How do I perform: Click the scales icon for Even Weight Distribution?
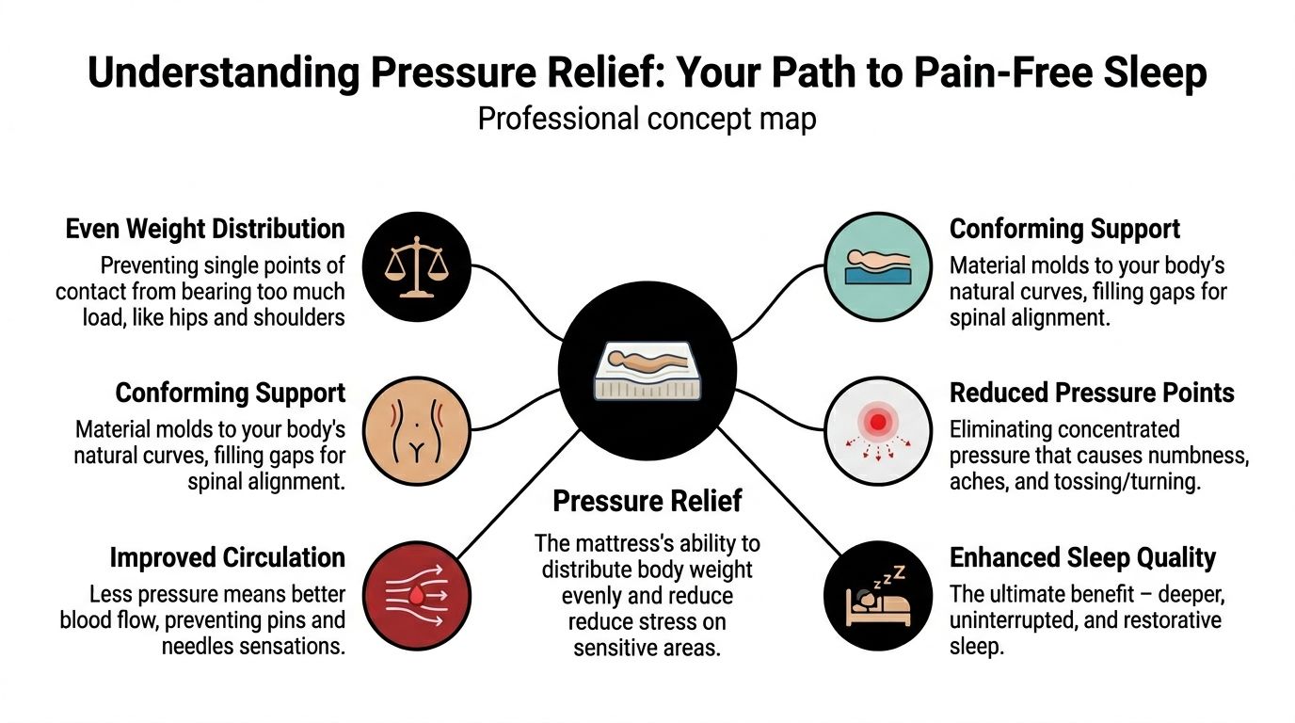coord(414,265)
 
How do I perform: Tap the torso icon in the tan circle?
coord(414,431)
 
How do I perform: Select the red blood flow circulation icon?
coord(414,596)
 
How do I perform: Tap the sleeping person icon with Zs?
coord(876,595)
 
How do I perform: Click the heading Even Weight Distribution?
coord(205,229)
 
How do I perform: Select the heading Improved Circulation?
coord(227,557)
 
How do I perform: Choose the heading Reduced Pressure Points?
coord(1092,393)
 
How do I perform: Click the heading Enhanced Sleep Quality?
coord(1082,557)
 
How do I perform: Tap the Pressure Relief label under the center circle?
coord(647,501)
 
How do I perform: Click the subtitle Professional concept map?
coord(647,120)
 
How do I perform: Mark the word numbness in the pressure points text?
coord(1193,457)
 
